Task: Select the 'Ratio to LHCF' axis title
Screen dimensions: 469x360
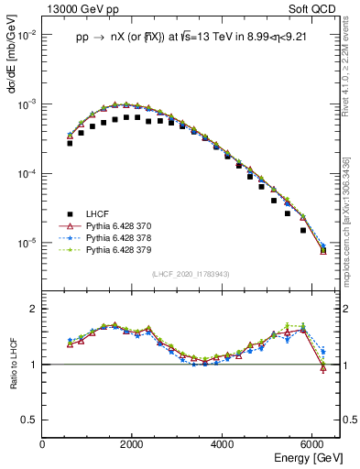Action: click(x=12, y=365)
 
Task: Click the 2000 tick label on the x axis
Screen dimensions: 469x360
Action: click(x=133, y=444)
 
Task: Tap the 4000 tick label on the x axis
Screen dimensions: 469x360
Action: click(x=223, y=444)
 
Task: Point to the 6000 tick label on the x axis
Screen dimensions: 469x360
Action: click(x=312, y=444)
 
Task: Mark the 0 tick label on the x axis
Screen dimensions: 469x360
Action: click(x=43, y=444)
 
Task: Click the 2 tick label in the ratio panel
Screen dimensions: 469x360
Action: click(x=35, y=309)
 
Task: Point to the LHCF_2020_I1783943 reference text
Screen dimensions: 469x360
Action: click(x=191, y=275)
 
